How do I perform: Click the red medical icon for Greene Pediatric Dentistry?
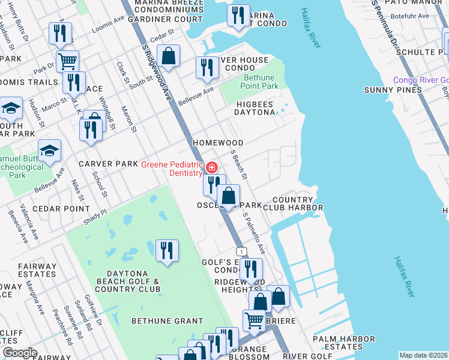pyautogui.click(x=212, y=167)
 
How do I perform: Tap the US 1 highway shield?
pyautogui.click(x=240, y=250)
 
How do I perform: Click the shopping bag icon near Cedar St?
pyautogui.click(x=169, y=56)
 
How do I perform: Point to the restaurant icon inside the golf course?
pyautogui.click(x=167, y=250)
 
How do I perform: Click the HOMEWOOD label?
pyautogui.click(x=217, y=143)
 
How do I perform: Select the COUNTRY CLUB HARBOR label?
pyautogui.click(x=297, y=204)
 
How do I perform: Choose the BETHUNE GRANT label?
pyautogui.click(x=167, y=321)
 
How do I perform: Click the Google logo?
pyautogui.click(x=20, y=353)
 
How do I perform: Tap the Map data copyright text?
pyautogui.click(x=423, y=355)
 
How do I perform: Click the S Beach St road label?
pyautogui.click(x=239, y=164)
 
